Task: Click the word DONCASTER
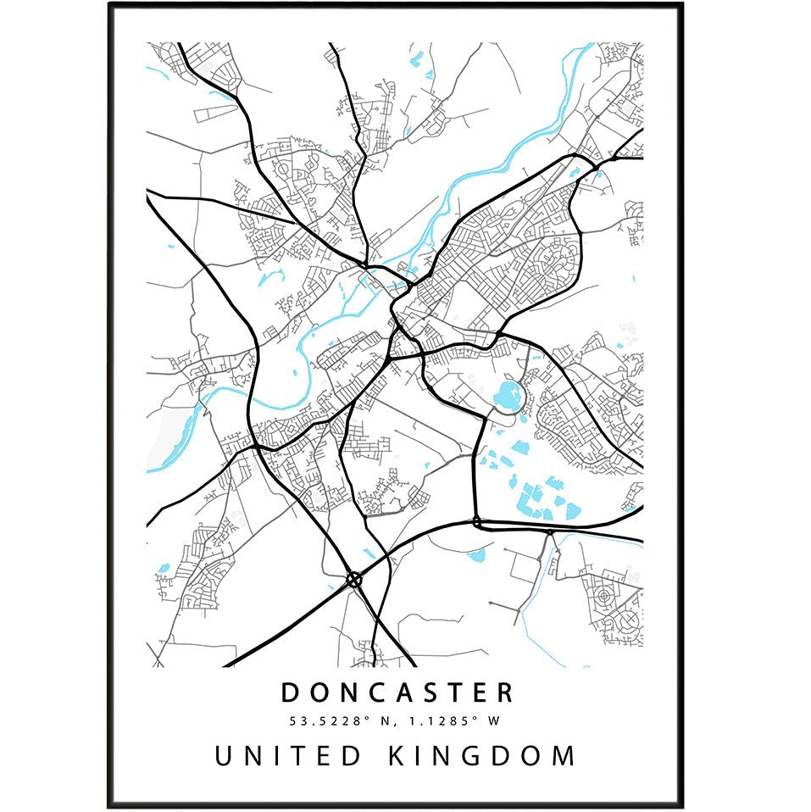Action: pos(397,692)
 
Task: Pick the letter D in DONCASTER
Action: pos(291,692)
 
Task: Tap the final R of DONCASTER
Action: pos(504,692)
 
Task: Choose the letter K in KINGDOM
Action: pos(398,755)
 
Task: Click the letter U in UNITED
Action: pos(225,755)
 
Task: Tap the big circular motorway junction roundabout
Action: pos(354,580)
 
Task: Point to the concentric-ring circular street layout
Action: pos(603,595)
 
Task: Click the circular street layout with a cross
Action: pos(628,623)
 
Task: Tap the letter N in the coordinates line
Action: pos(393,721)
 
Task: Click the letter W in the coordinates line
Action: pos(489,721)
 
